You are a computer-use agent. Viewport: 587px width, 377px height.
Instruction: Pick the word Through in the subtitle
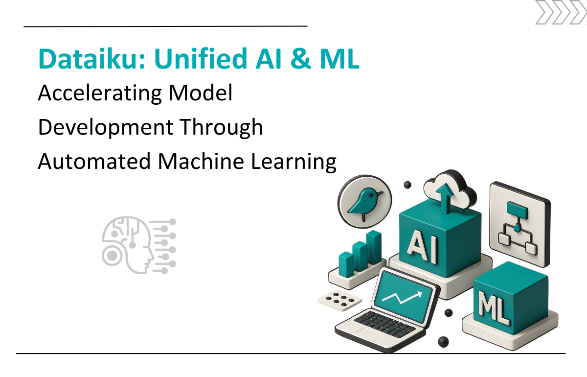click(222, 127)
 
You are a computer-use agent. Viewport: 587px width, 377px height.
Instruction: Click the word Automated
click(94, 161)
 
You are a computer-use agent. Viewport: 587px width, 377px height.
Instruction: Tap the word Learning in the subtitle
click(293, 162)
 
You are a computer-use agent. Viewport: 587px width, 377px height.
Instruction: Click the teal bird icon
click(365, 201)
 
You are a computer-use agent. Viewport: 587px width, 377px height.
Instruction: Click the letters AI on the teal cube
click(422, 246)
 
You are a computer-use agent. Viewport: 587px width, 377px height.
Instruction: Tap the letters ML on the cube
click(494, 307)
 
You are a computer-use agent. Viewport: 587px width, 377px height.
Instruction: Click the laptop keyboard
click(384, 324)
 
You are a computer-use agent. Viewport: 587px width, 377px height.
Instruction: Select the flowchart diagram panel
click(520, 224)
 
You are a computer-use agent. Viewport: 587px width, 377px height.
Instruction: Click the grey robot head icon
click(138, 245)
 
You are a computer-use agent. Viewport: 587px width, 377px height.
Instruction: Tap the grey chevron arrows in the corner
click(561, 12)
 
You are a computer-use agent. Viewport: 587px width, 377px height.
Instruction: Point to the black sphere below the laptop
click(443, 342)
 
